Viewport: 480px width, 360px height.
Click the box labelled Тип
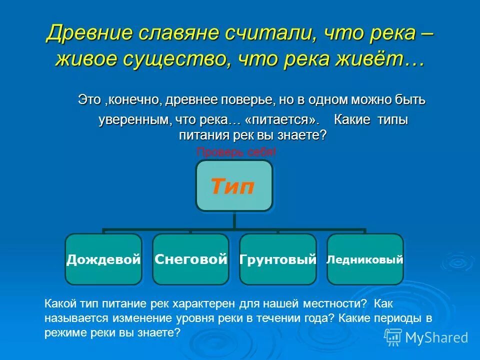click(234, 186)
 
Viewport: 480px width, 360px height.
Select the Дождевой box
click(103, 259)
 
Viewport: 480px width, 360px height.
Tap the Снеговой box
click(190, 259)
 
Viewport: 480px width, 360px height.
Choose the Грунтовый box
click(278, 259)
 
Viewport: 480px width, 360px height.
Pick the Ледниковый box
click(365, 259)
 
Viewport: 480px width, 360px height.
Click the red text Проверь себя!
click(236, 152)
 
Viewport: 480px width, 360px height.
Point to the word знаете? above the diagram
click(303, 135)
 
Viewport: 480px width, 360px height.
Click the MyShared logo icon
click(393, 337)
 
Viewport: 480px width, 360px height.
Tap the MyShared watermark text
click(436, 337)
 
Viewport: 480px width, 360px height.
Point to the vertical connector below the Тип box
click(234, 220)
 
